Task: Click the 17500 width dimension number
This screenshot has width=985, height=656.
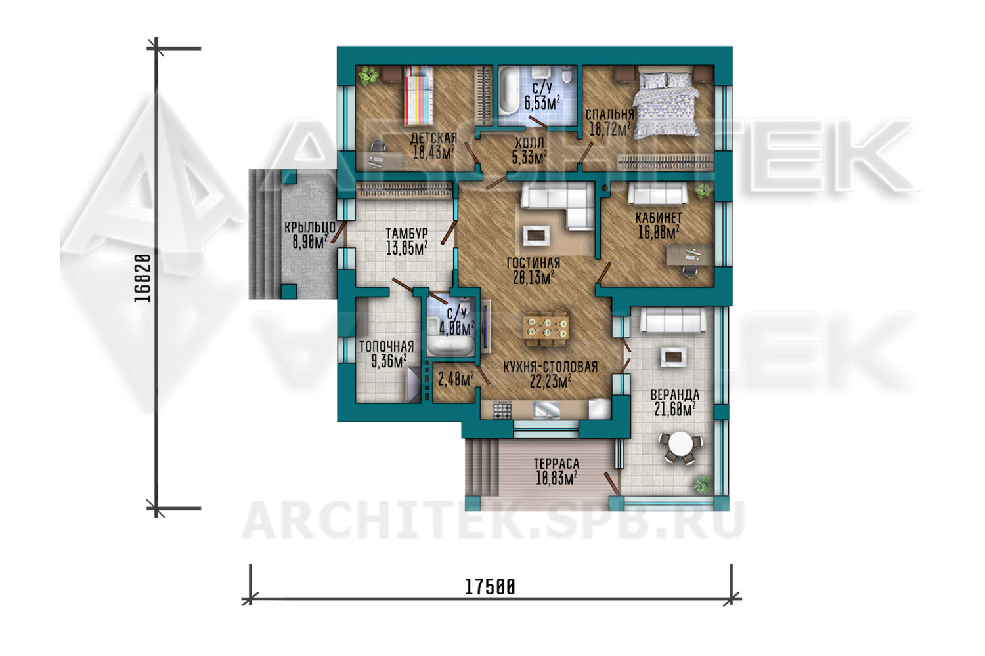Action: click(x=490, y=587)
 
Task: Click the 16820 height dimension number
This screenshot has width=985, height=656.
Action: click(x=142, y=278)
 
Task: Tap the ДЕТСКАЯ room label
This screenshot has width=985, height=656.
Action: click(x=433, y=138)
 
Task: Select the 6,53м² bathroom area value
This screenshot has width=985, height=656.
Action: click(x=542, y=103)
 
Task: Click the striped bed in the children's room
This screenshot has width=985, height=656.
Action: click(x=419, y=96)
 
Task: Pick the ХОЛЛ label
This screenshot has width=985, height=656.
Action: click(x=529, y=143)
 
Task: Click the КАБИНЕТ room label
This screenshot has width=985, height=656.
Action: click(x=659, y=218)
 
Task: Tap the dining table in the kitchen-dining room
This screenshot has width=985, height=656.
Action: click(x=546, y=328)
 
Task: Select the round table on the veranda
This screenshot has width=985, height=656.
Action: click(x=680, y=447)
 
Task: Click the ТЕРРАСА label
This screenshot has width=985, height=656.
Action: click(x=556, y=464)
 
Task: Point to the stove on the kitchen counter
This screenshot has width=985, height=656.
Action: click(x=502, y=410)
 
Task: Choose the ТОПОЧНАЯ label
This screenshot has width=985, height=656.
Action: click(x=387, y=346)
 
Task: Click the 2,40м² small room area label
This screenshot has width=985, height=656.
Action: click(x=456, y=379)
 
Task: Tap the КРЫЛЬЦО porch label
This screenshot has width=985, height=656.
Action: click(x=309, y=227)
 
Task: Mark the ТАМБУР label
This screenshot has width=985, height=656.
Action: click(x=406, y=234)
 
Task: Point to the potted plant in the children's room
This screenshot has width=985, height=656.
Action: click(x=368, y=76)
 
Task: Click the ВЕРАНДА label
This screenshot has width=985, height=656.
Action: click(x=675, y=394)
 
